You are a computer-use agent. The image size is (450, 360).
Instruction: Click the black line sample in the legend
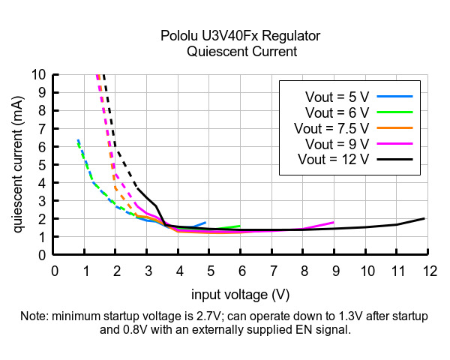394,160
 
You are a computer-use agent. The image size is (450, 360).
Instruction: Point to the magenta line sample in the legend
394,144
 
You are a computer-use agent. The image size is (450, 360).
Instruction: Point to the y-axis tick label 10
38,75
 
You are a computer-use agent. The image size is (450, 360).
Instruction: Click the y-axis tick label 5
42,165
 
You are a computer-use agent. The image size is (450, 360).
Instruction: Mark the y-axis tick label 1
42,237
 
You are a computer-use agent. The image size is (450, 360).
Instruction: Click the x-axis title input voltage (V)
240,293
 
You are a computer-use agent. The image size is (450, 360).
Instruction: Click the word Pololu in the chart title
178,36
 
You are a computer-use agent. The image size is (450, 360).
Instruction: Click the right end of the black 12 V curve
424,219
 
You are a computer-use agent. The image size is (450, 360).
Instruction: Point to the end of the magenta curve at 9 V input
333,222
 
